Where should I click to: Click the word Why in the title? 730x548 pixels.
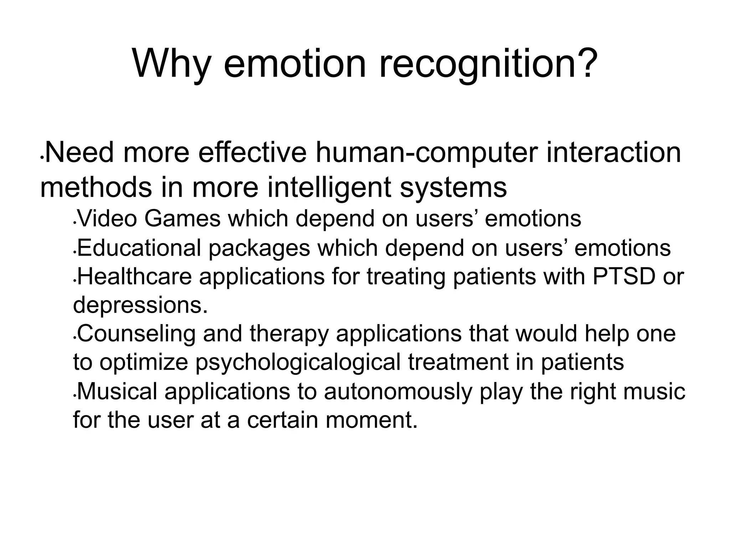tap(171, 64)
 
